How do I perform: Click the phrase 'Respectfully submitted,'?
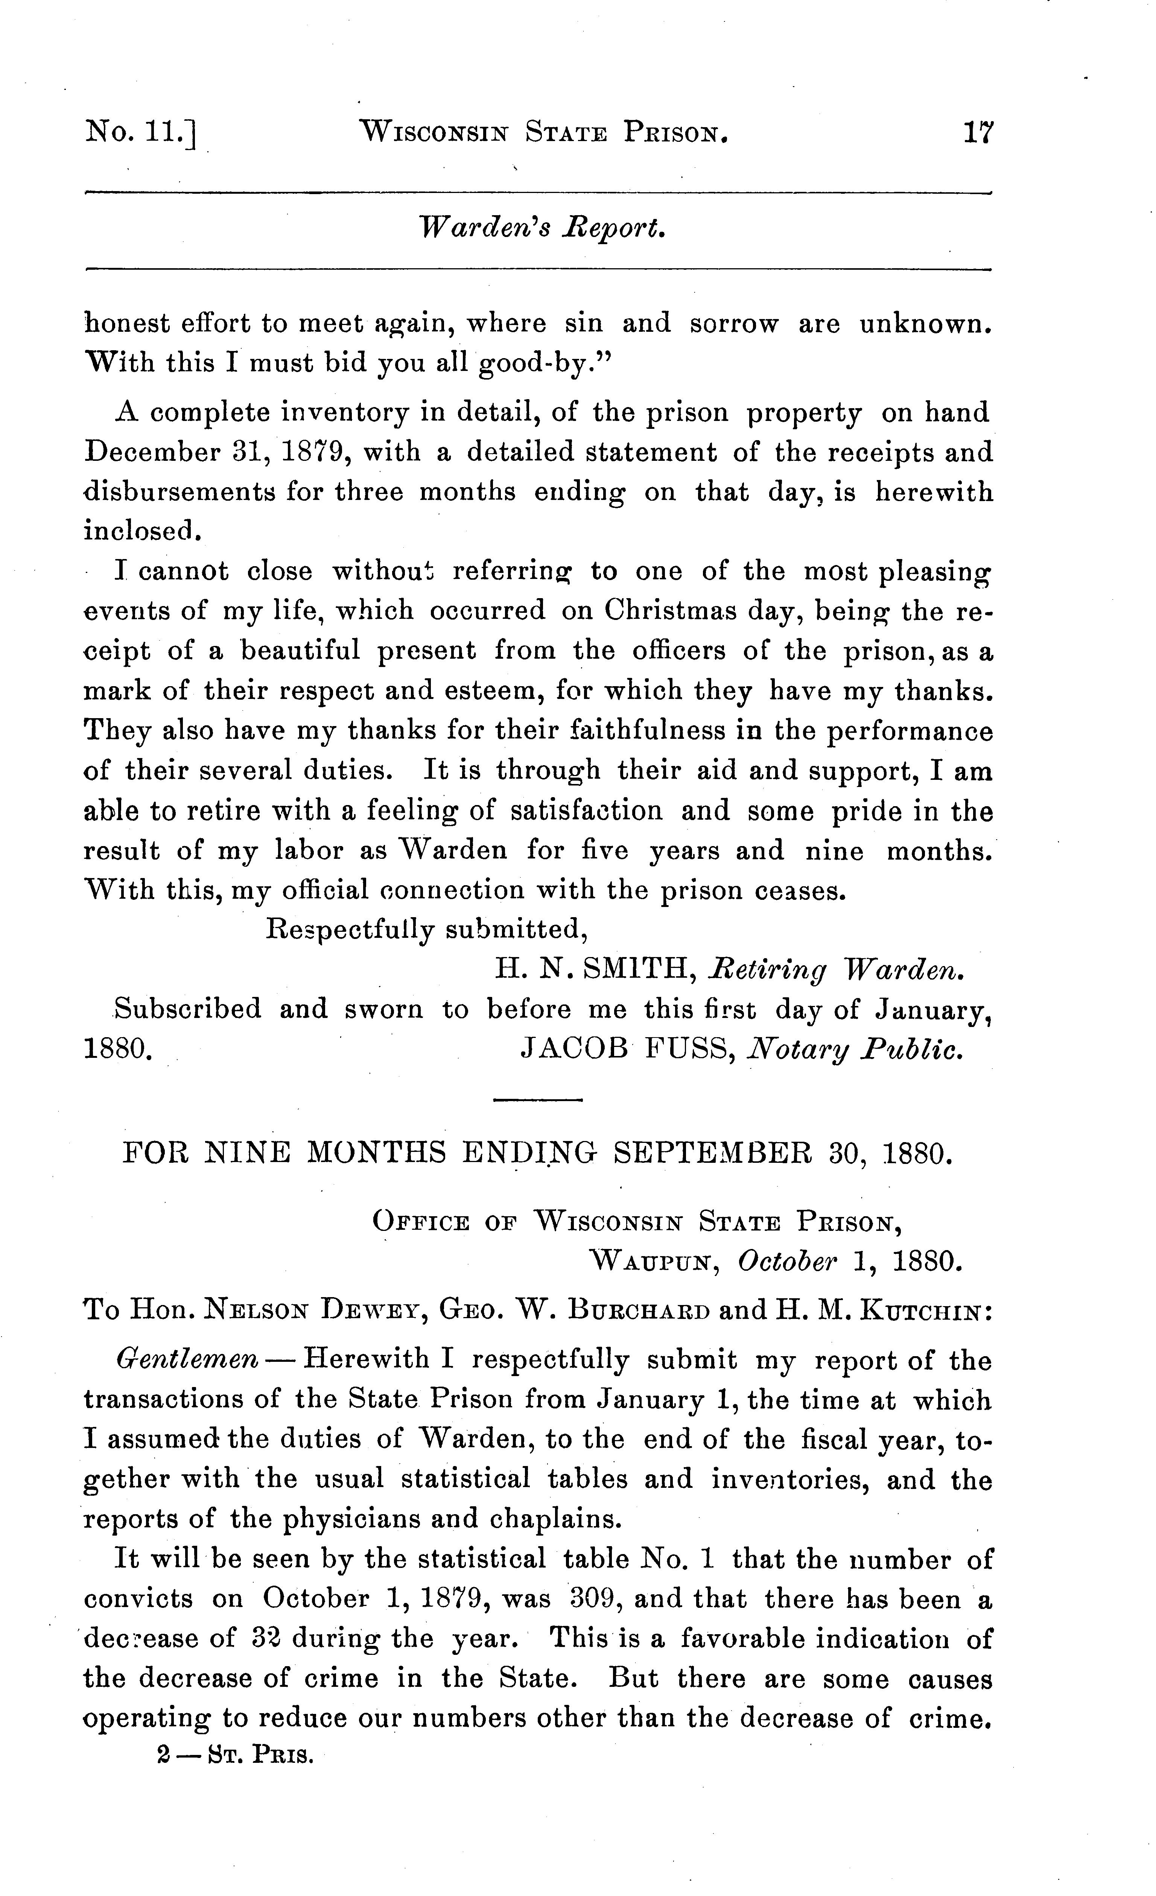tap(427, 930)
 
